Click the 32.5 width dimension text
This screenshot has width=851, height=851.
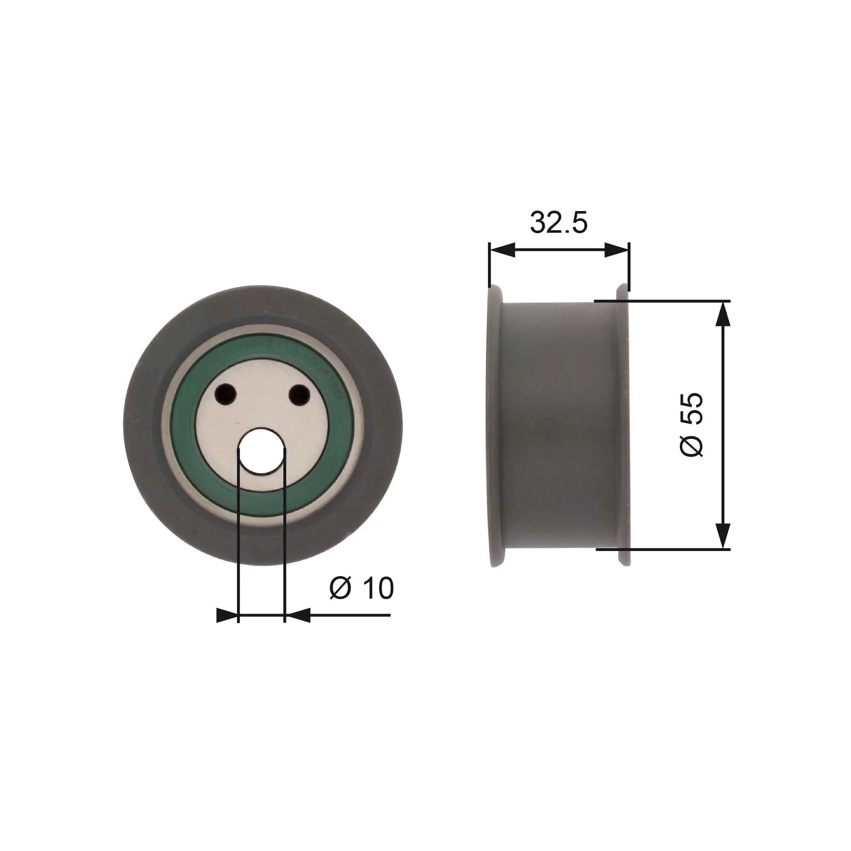(558, 223)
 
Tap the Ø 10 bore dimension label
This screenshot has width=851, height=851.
(361, 588)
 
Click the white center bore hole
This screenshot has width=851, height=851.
(261, 451)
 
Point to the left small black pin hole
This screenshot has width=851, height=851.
(226, 393)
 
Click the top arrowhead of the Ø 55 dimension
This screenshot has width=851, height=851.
(723, 314)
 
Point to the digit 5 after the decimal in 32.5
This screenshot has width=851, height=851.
(578, 223)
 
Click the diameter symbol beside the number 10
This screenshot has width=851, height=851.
(340, 588)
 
